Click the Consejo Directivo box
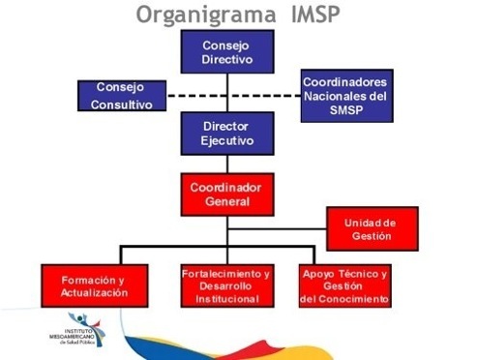point(227,51)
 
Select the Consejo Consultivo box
point(122,96)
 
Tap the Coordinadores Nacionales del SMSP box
point(347,96)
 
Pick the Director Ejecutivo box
point(227,134)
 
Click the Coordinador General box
point(227,195)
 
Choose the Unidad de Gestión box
point(373,229)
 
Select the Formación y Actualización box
point(95,285)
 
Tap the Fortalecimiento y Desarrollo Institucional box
point(227,285)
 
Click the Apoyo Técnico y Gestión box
point(345,285)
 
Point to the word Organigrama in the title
point(206,15)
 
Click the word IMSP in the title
point(315,15)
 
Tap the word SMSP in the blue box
point(346,110)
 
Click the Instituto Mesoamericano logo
point(77,330)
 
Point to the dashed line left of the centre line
point(196,96)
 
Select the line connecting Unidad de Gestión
point(277,229)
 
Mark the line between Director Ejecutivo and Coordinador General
point(227,165)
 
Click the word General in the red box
point(227,201)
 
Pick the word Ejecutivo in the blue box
point(227,141)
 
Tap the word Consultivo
point(122,105)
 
